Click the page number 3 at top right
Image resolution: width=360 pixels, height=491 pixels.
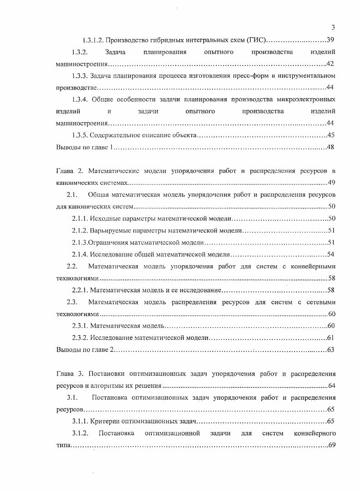(333, 27)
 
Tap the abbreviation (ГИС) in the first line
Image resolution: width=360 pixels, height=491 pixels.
(258, 40)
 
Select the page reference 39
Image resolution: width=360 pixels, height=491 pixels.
(331, 40)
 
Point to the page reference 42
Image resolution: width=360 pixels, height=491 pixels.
(331, 64)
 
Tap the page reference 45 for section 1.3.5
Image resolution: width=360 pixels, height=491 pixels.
(331, 135)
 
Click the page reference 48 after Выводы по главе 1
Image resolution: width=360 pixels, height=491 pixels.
(331, 147)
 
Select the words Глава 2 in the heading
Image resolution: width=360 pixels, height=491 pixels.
(70, 171)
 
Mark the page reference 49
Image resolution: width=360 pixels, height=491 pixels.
(331, 183)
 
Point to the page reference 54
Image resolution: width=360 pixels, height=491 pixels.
(331, 254)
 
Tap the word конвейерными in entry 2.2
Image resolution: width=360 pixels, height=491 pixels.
(315, 266)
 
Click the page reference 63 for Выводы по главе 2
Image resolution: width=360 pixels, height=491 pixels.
(331, 349)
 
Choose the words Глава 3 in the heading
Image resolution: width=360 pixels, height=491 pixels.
(70, 374)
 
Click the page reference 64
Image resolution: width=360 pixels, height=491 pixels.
(331, 386)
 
